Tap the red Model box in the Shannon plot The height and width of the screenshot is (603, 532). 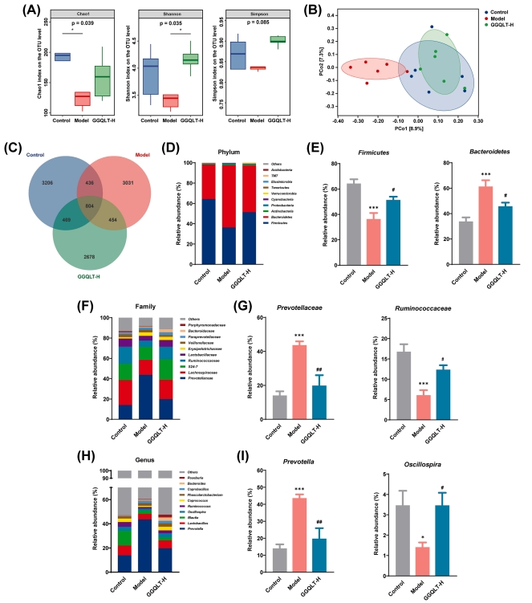[169, 100]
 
